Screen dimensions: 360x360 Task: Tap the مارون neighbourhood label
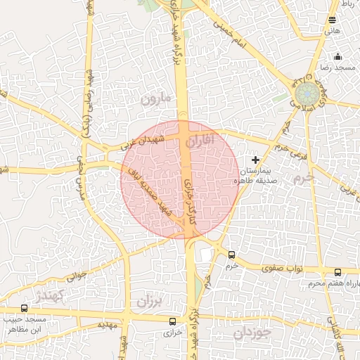(156, 98)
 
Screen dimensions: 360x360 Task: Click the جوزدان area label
(252, 333)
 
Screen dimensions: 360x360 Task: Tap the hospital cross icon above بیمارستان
(255, 160)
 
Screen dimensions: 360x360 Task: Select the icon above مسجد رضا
(338, 57)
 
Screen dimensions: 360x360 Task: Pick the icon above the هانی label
(333, 20)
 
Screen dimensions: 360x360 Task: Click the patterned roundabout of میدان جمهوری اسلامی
(306, 94)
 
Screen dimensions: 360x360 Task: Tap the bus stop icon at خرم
(233, 255)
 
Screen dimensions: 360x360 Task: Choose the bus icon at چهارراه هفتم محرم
(338, 273)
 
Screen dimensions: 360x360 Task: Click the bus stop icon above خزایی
(173, 321)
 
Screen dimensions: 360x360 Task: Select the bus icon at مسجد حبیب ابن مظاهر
(25, 308)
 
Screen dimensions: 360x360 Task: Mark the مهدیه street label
(107, 325)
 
